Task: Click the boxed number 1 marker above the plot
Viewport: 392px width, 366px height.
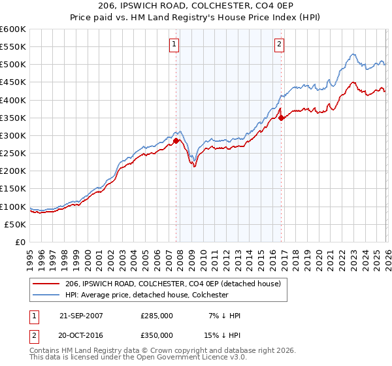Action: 174,44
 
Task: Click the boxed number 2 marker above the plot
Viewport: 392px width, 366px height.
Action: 279,44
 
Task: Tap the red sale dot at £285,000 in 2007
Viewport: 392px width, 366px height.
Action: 176,141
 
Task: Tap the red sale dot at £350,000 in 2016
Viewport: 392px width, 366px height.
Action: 281,118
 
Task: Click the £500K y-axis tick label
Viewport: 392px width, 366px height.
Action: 13,65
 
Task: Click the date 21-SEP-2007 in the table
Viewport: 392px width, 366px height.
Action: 82,316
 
